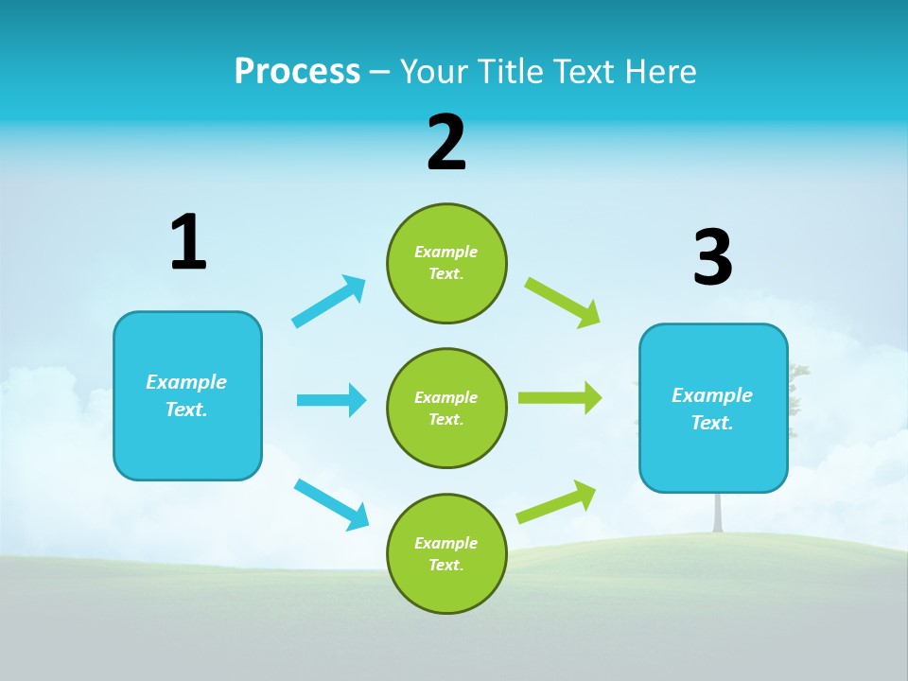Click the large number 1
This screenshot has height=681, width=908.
click(x=188, y=243)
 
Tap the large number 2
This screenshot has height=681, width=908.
click(x=446, y=143)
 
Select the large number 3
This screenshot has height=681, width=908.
click(x=712, y=258)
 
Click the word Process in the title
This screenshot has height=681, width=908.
click(x=297, y=71)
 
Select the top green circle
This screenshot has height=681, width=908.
click(x=446, y=263)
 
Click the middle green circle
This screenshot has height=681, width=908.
click(x=446, y=408)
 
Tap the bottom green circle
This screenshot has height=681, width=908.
click(x=446, y=553)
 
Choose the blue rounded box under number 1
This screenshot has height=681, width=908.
click(x=187, y=395)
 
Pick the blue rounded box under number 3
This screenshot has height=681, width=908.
click(x=713, y=408)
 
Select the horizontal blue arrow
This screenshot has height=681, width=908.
click(x=331, y=400)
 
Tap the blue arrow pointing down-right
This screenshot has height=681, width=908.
click(x=332, y=503)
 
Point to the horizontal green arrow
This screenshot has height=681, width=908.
click(x=559, y=398)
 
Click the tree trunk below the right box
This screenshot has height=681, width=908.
click(x=718, y=512)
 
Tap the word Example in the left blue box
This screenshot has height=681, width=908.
click(x=186, y=382)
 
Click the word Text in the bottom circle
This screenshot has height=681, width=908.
click(x=445, y=565)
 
